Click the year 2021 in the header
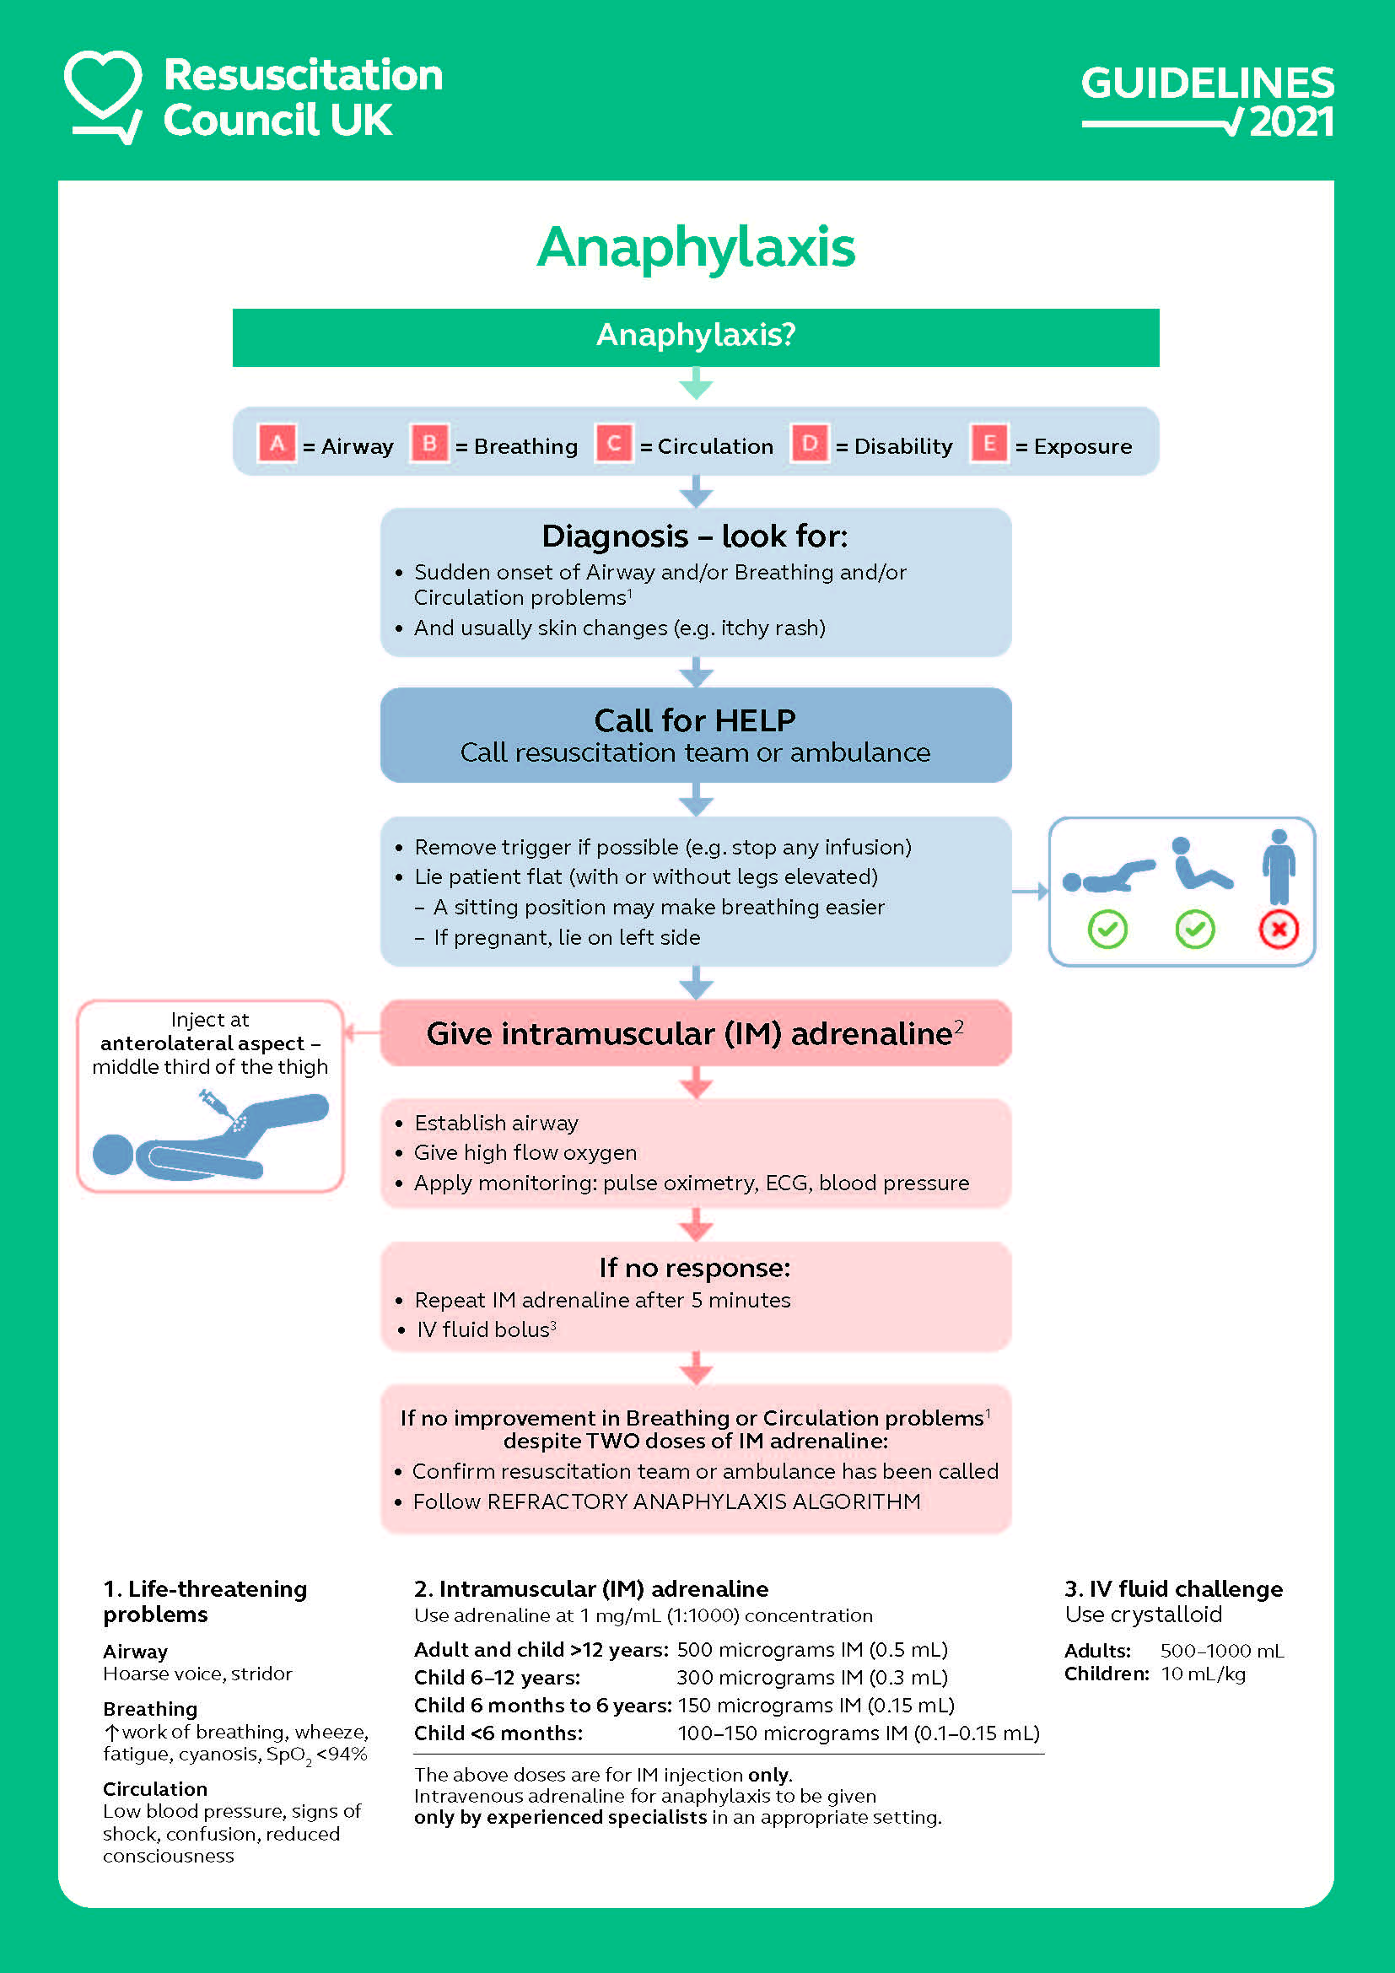click(1291, 122)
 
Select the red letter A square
click(277, 444)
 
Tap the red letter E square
click(988, 444)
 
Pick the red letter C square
click(613, 444)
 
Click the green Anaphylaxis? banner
click(696, 336)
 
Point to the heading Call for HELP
click(695, 720)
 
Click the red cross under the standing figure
click(1278, 929)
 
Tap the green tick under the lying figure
click(1107, 929)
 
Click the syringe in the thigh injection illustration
click(217, 1105)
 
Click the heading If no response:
click(695, 1268)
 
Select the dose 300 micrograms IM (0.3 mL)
click(811, 1678)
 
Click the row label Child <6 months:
click(498, 1733)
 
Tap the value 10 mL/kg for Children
click(1203, 1674)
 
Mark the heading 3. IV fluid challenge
click(1173, 1589)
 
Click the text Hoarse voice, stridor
click(197, 1674)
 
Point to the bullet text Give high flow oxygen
click(525, 1152)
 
